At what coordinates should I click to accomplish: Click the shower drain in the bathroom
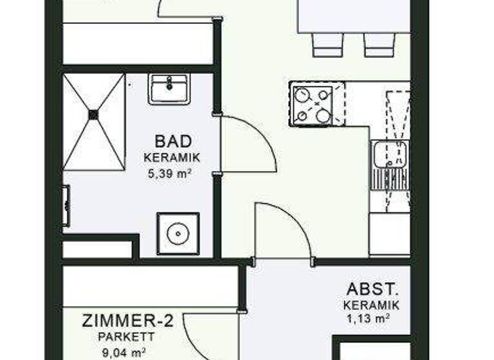93,114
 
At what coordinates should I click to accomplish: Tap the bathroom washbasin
169,88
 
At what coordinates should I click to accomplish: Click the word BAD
173,141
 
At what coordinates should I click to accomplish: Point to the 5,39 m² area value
172,173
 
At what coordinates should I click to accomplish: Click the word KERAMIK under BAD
172,157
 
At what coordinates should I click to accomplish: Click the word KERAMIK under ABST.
372,305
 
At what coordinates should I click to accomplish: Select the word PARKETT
126,336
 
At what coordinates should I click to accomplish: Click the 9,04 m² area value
123,352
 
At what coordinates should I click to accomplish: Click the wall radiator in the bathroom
66,205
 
